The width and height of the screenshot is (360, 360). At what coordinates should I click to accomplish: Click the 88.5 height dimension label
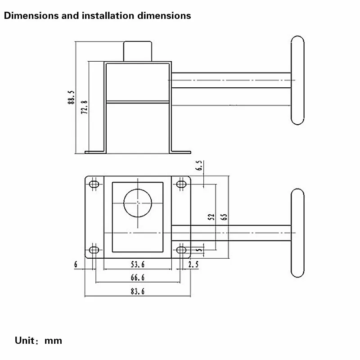click(x=71, y=97)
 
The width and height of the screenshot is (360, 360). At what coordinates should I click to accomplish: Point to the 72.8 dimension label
click(x=84, y=107)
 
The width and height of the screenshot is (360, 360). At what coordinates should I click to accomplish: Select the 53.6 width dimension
click(x=138, y=265)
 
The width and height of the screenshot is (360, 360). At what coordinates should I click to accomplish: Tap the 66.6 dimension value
click(x=138, y=278)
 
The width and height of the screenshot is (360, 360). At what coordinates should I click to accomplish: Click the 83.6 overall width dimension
click(x=138, y=291)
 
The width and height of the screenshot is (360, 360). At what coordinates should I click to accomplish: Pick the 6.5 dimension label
click(x=199, y=165)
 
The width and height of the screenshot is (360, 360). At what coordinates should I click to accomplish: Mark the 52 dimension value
click(x=211, y=217)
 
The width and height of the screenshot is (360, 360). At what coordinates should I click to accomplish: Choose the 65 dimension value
click(x=224, y=217)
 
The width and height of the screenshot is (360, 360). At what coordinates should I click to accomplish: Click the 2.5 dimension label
click(x=193, y=265)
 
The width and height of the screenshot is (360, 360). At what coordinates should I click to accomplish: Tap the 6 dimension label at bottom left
click(x=76, y=265)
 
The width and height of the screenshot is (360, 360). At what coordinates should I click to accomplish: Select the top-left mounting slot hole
click(x=94, y=184)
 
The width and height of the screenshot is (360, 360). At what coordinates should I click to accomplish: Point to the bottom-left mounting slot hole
click(x=94, y=250)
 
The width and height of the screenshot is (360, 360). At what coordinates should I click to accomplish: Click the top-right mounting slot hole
click(x=181, y=184)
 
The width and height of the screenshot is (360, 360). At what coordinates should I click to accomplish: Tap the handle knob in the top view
click(x=297, y=81)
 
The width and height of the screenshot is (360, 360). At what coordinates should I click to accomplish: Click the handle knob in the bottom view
click(x=297, y=233)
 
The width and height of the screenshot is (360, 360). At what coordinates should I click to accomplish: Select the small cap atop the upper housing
click(x=138, y=51)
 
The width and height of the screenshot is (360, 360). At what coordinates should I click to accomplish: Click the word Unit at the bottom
click(x=25, y=341)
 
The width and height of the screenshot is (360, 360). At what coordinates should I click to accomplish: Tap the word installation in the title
click(x=108, y=16)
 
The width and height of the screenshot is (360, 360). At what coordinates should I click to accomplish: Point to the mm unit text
click(x=53, y=341)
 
